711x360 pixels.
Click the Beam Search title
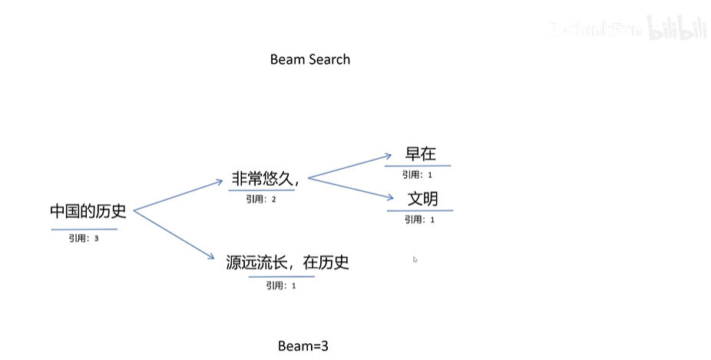coord(309,60)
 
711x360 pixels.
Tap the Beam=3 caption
coord(303,346)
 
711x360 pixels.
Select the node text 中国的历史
coord(88,211)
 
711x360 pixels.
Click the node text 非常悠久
coord(265,180)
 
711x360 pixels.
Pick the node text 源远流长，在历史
coord(288,263)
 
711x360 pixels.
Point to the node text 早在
coord(421,154)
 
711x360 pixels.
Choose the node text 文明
coord(422,199)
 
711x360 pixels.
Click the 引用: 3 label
coord(84,239)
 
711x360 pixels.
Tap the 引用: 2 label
coord(260,200)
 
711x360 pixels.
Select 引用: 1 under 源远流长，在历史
coord(281,286)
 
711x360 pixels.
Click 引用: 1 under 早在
coord(417,175)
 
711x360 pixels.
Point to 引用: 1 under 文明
coord(419,220)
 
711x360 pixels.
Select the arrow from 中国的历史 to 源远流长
coord(174,236)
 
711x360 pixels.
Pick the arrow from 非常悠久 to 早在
coord(349,167)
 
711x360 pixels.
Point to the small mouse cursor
coord(415,259)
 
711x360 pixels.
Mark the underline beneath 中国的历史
coord(84,229)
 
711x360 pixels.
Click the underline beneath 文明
coord(420,210)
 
